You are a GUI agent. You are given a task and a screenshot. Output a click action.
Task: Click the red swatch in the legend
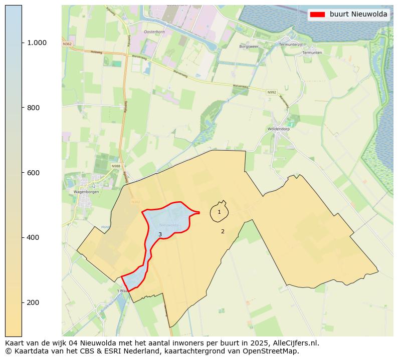pos(317,15)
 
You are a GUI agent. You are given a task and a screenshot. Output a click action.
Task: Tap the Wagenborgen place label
pos(86,192)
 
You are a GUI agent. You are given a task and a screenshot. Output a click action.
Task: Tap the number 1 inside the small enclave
pos(219,212)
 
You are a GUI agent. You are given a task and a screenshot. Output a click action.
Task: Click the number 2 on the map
pos(223,231)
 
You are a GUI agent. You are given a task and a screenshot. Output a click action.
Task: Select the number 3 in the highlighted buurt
pos(160,234)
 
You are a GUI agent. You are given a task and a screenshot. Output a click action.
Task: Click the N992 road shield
pos(272,92)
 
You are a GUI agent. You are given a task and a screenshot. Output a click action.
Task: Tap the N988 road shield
pos(116,166)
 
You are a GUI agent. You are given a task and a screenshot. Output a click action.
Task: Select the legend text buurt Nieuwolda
pos(358,15)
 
